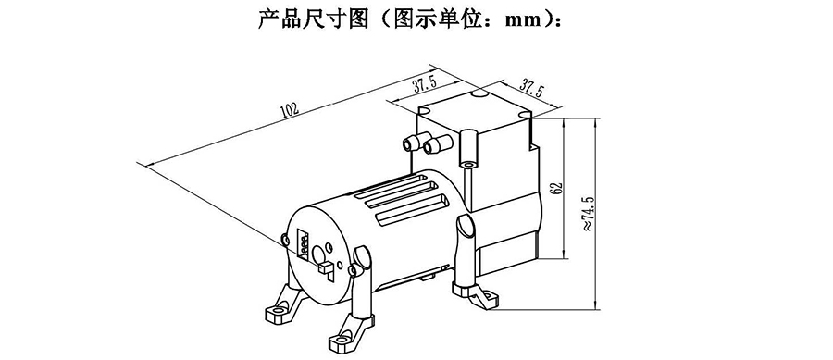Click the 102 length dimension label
click(290, 110)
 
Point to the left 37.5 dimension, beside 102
click(424, 84)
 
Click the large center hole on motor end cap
click(320, 254)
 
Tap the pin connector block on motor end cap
click(304, 243)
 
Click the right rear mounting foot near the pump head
click(477, 294)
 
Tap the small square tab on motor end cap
click(324, 267)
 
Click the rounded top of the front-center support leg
click(361, 255)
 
